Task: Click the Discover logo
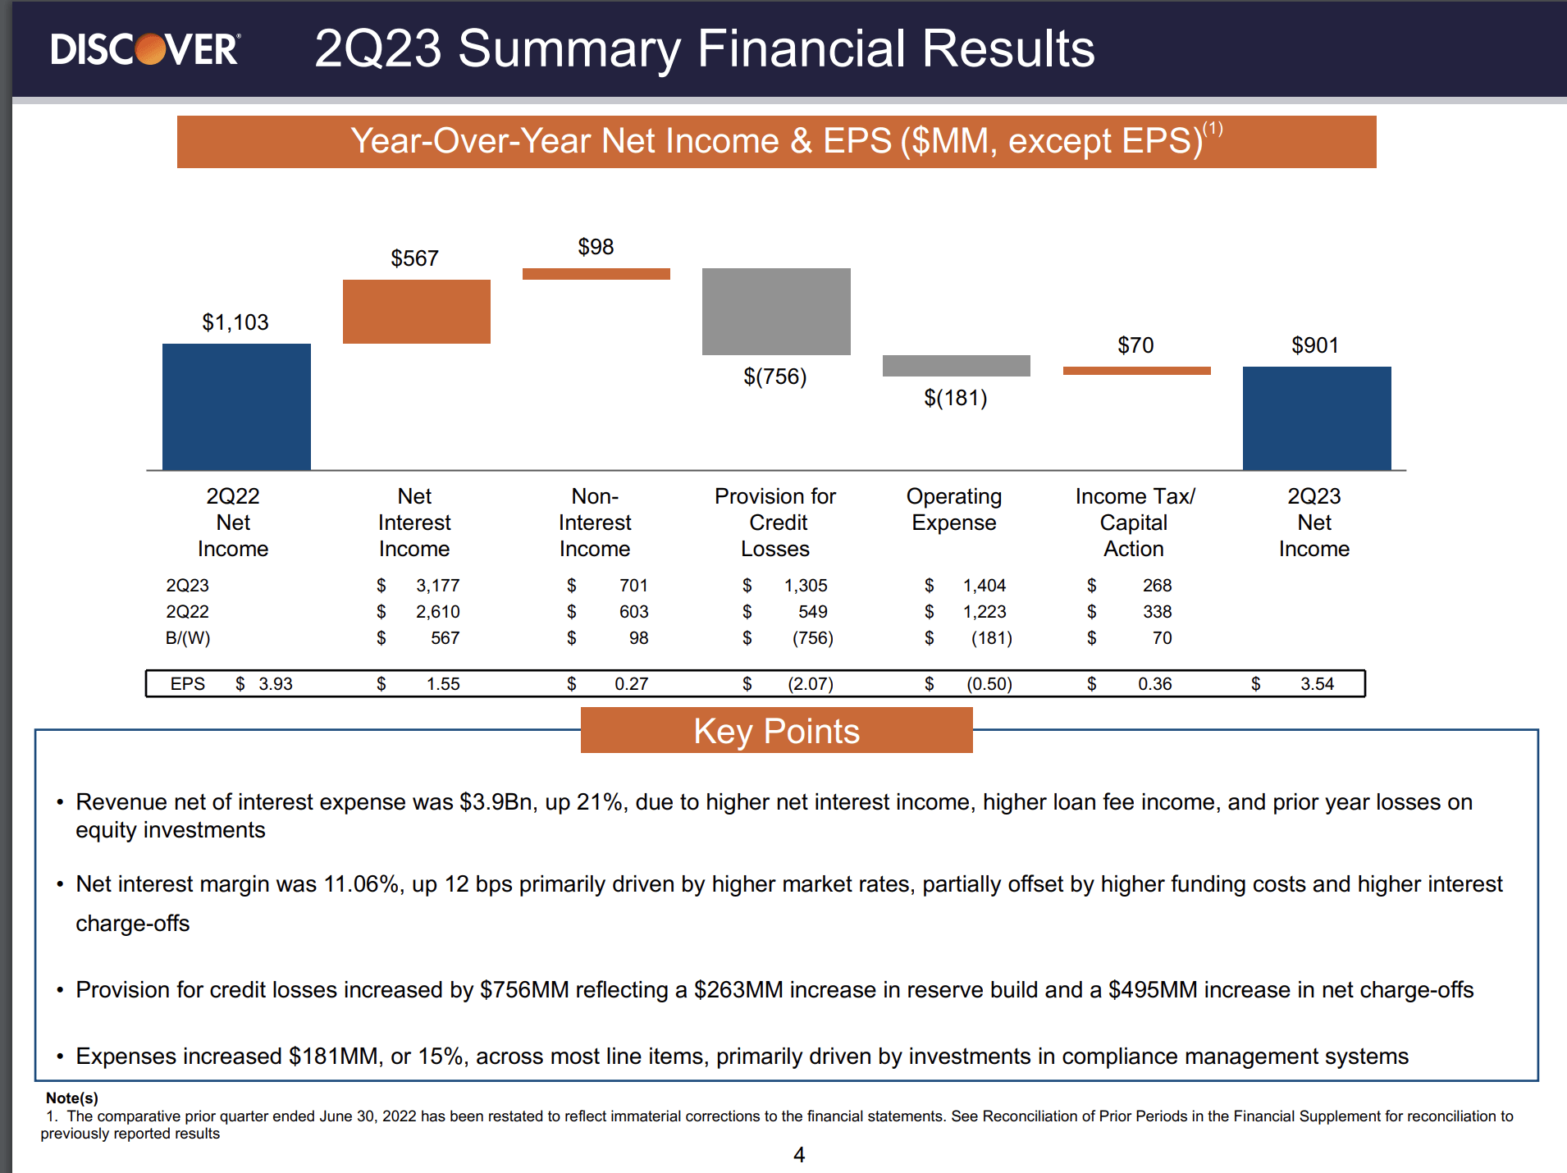tap(145, 49)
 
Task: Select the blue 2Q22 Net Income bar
tap(236, 406)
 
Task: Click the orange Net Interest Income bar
tap(416, 311)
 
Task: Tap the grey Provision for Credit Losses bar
tap(776, 311)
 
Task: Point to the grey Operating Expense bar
tap(956, 365)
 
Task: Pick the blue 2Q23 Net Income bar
tap(1316, 418)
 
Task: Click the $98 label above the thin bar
tap(596, 247)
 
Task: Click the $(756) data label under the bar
tap(774, 377)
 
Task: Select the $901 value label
tap(1314, 345)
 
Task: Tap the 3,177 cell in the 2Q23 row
tap(437, 586)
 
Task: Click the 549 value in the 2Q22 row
tap(812, 612)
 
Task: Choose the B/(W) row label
tap(188, 638)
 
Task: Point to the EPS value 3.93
tap(275, 684)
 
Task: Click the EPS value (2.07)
tap(810, 684)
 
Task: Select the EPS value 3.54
tap(1317, 684)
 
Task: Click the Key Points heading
tap(776, 731)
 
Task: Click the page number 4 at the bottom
tap(799, 1155)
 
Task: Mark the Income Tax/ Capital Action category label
tap(1134, 523)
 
